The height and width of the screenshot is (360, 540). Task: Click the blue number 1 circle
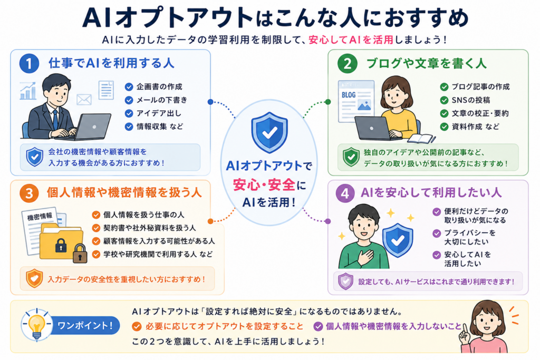coord(29,63)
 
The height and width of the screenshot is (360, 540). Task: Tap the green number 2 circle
coord(347,64)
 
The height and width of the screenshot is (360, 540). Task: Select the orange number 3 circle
coord(29,193)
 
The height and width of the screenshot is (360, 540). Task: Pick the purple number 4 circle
coord(345,193)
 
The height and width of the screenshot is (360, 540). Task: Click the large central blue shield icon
coord(269,132)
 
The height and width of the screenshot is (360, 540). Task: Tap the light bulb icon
coord(36,325)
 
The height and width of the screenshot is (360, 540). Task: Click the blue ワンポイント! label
coord(85,325)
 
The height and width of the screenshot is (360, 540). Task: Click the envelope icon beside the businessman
coord(84,100)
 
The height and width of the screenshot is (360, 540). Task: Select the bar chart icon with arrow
coord(28,91)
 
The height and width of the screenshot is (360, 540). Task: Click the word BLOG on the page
coord(349,95)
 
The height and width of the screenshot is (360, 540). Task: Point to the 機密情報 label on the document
coord(40,217)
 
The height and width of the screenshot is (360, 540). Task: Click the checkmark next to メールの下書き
coord(129,100)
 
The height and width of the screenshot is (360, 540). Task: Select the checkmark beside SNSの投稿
coord(444,100)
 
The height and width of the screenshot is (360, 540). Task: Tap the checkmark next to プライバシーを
coord(437,233)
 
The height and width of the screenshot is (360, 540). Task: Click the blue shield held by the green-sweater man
coord(398,240)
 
